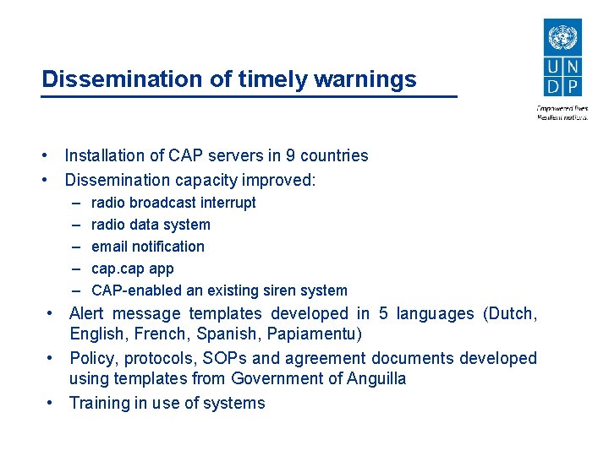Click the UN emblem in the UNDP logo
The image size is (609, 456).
click(x=562, y=38)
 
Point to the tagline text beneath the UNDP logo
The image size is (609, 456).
click(x=562, y=112)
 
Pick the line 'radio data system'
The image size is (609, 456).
click(x=151, y=225)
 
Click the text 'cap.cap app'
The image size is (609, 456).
click(x=132, y=269)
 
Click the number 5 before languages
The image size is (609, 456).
click(x=384, y=313)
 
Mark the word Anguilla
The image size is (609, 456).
click(x=376, y=378)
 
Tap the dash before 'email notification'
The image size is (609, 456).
click(x=75, y=247)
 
